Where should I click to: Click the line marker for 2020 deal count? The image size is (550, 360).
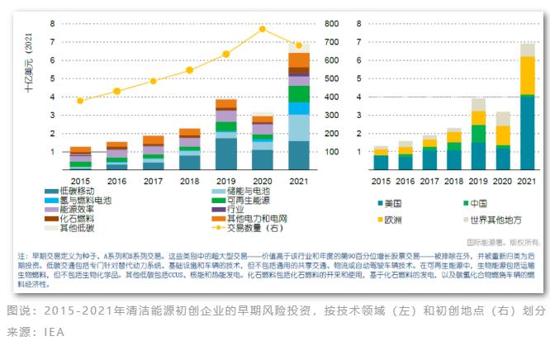click(263, 29)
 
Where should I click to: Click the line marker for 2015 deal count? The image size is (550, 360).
click(80, 101)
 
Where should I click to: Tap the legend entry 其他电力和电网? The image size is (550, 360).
click(245, 219)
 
